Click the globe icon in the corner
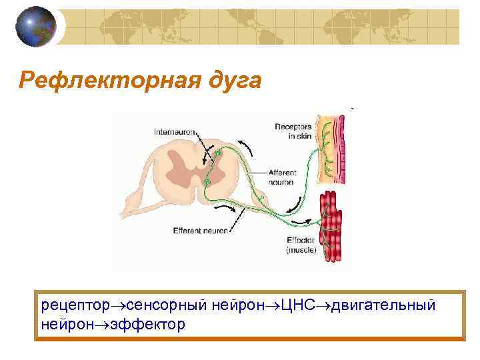click(x=34, y=27)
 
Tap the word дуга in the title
click(x=229, y=82)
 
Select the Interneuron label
click(x=175, y=132)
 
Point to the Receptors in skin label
click(x=293, y=131)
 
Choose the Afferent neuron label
click(x=282, y=176)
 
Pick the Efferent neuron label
click(x=200, y=231)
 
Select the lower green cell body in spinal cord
click(x=208, y=181)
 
